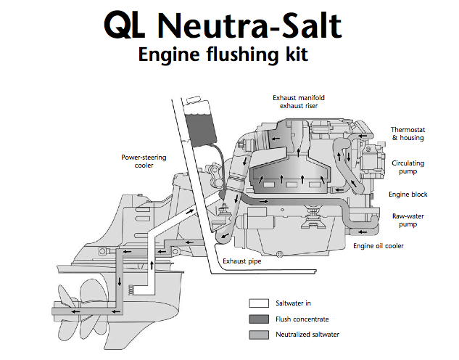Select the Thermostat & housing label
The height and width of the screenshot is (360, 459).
tap(408, 133)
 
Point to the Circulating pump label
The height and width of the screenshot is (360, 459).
tap(408, 168)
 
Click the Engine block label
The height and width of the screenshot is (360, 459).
tap(408, 195)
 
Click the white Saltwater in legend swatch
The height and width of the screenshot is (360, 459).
tap(259, 303)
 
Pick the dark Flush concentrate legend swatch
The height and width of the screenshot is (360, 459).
tap(259, 318)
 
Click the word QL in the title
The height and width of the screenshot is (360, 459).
tap(128, 25)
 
